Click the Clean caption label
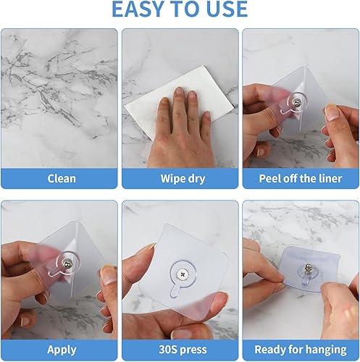[x=62, y=178]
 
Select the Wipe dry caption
[x=180, y=178]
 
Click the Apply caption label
[x=62, y=349]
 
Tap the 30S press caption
[x=180, y=349]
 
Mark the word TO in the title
[x=182, y=9]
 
